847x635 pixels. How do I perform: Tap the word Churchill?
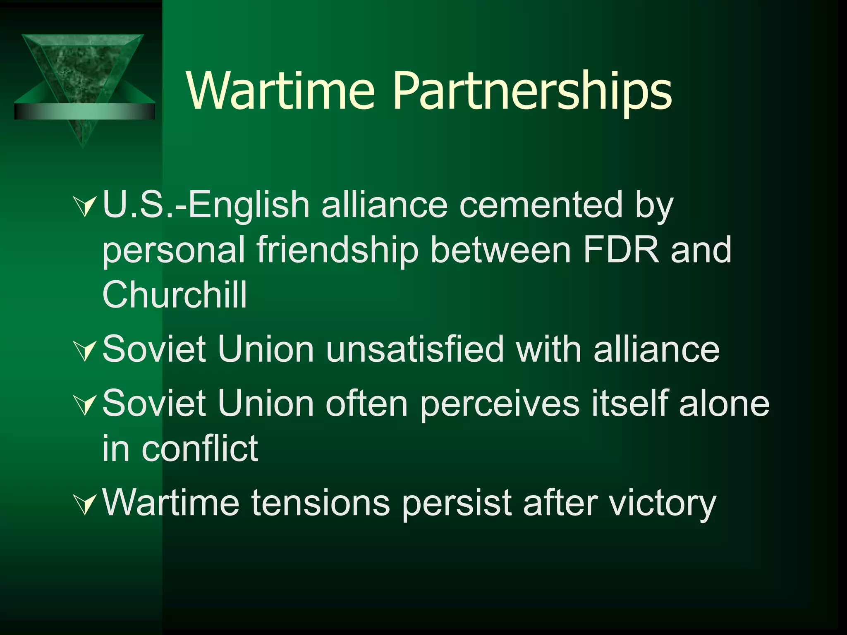(175, 294)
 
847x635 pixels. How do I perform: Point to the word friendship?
(337, 250)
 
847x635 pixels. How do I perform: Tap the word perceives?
(500, 404)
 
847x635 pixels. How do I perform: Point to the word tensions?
(321, 503)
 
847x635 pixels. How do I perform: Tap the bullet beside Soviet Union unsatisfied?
(85, 351)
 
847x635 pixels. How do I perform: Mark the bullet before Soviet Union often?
(85, 405)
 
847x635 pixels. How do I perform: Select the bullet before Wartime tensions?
(85, 504)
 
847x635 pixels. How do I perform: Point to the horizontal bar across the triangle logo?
(84, 111)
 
